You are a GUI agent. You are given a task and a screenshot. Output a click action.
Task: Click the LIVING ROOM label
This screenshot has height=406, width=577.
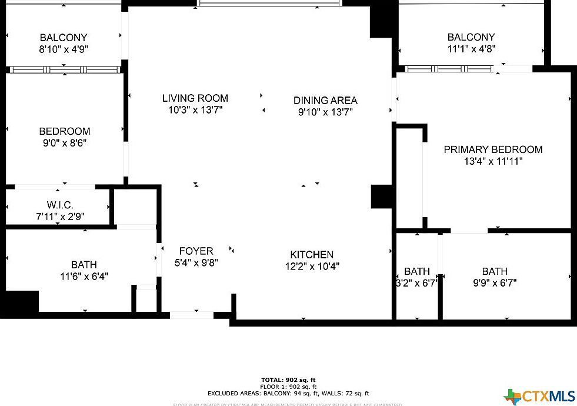(195, 98)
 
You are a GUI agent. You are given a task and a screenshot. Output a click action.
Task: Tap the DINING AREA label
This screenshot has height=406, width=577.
(325, 101)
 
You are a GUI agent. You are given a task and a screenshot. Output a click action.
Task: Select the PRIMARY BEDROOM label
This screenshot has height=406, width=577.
(493, 149)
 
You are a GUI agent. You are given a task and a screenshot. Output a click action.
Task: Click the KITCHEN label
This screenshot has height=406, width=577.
(312, 255)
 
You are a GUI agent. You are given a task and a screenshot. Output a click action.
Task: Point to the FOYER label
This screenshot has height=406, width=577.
(196, 251)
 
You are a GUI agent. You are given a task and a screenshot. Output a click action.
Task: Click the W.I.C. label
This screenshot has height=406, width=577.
(60, 205)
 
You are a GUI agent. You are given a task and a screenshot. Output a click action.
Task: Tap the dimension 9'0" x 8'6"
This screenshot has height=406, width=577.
(65, 142)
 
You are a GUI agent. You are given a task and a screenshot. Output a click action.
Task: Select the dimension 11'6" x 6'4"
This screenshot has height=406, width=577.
(84, 276)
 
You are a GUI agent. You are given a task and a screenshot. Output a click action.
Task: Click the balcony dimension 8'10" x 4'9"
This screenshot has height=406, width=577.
(64, 49)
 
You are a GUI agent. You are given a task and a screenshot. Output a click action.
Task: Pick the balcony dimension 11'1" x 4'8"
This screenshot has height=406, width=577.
(471, 49)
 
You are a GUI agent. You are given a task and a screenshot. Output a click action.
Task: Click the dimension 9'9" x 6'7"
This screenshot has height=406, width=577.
(495, 282)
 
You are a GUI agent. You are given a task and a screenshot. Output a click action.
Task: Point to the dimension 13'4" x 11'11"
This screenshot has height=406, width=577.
(493, 161)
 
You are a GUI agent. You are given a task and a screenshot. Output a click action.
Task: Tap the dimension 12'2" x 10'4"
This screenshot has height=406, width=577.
(312, 266)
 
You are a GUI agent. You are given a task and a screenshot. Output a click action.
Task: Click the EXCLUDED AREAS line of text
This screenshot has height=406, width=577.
(288, 393)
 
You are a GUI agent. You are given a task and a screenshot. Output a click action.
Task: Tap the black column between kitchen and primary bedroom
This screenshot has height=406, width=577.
(381, 197)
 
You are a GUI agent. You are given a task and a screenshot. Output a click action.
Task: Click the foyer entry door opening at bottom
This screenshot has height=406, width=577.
(192, 315)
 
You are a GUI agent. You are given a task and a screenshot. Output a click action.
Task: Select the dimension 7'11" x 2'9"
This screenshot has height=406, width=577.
(60, 216)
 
